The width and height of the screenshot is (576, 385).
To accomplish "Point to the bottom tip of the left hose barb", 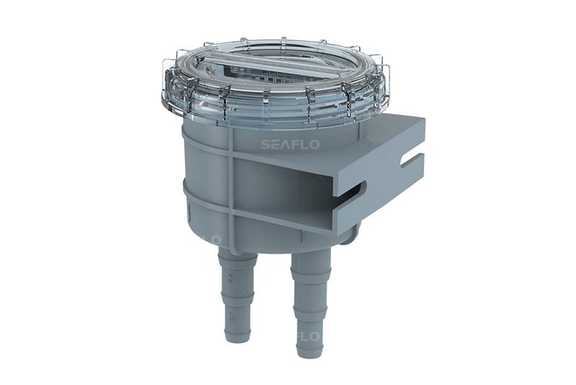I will click(237, 339).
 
